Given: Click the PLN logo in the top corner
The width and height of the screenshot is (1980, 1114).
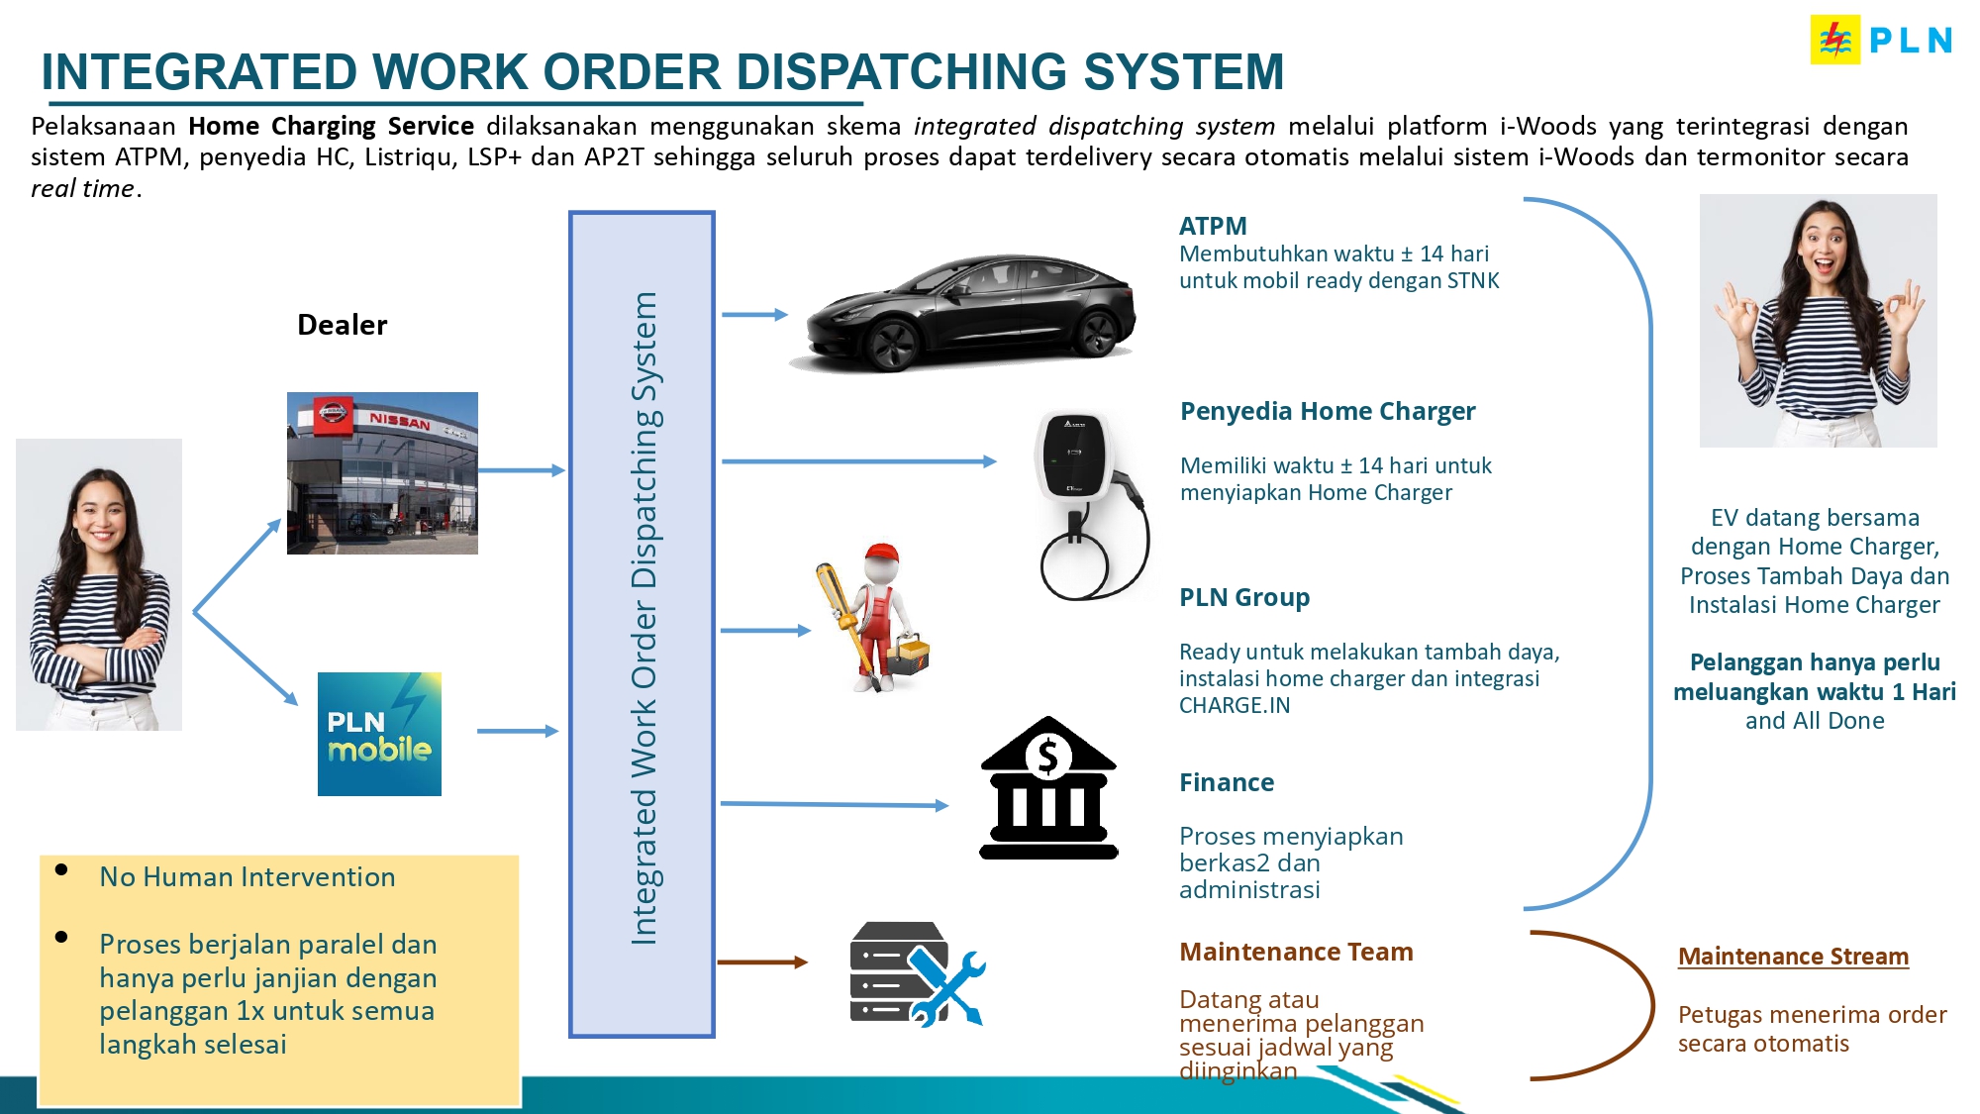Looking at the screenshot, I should click(x=1881, y=40).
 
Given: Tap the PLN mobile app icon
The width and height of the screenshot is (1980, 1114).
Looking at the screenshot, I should click(x=379, y=734).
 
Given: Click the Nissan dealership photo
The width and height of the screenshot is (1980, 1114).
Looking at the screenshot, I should click(x=382, y=473).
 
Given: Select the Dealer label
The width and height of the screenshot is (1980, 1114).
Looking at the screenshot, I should click(x=342, y=325).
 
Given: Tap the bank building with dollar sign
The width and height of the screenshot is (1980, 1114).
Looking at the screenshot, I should click(x=1048, y=788).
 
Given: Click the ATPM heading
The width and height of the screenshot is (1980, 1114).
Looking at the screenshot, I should click(x=1213, y=226).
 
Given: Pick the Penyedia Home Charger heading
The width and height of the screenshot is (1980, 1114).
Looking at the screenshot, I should click(x=1328, y=411).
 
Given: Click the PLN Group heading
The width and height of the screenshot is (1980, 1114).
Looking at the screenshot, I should click(x=1244, y=597).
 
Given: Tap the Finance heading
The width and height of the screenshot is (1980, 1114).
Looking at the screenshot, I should click(x=1227, y=782).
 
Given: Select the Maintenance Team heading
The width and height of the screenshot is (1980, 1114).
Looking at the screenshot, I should click(x=1296, y=952).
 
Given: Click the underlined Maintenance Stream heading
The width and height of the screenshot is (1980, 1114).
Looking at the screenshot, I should click(x=1793, y=957).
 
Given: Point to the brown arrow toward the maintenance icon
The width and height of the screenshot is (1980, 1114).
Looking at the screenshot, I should click(x=762, y=962).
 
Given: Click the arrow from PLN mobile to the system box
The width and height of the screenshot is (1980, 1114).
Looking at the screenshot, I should click(x=518, y=731).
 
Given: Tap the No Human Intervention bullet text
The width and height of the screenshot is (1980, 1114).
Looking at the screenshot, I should click(x=247, y=877).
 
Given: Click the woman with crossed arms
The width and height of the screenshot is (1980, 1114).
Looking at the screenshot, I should click(x=99, y=584).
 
